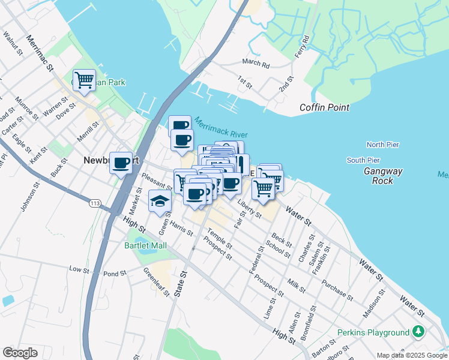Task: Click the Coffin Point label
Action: (x=325, y=107)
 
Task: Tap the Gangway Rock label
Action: (x=379, y=176)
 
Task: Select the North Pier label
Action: (x=383, y=145)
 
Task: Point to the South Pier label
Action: (x=363, y=160)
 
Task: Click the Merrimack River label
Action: (x=221, y=127)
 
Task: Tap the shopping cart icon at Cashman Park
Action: (x=84, y=79)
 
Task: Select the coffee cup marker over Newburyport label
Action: (x=121, y=162)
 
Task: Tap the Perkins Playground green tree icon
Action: (x=418, y=332)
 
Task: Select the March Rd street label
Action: (x=256, y=62)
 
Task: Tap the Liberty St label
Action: (x=250, y=208)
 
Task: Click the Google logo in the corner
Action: (x=20, y=353)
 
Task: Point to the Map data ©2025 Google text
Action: (x=412, y=355)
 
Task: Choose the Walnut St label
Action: (x=13, y=44)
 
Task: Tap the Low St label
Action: (x=79, y=269)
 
